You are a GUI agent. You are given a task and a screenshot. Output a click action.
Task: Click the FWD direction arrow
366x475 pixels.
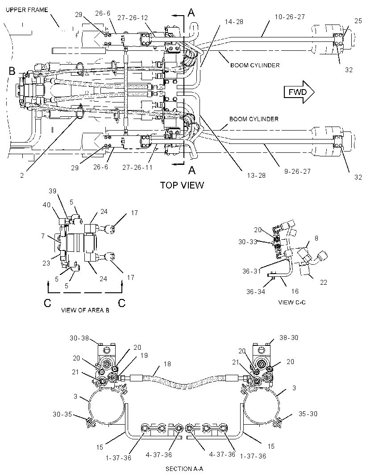pos(299,92)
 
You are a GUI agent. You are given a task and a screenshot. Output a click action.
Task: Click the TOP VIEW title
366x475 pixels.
pos(182,185)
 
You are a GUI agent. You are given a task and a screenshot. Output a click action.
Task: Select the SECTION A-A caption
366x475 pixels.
pos(184,469)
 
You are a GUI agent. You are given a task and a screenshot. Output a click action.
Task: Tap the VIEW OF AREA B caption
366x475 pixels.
pos(85,310)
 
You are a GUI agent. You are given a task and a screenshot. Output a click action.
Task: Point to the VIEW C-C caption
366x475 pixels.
pos(292,302)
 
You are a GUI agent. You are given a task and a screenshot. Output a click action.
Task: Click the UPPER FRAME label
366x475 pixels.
pos(27,10)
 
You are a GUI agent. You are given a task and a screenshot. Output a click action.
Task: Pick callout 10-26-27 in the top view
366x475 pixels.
pos(290,17)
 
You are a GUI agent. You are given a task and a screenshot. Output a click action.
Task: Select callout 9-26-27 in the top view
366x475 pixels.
pos(297,172)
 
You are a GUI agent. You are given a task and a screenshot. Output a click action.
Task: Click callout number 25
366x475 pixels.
pos(358,21)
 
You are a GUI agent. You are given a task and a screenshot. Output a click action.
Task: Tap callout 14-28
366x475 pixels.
pos(234,22)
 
